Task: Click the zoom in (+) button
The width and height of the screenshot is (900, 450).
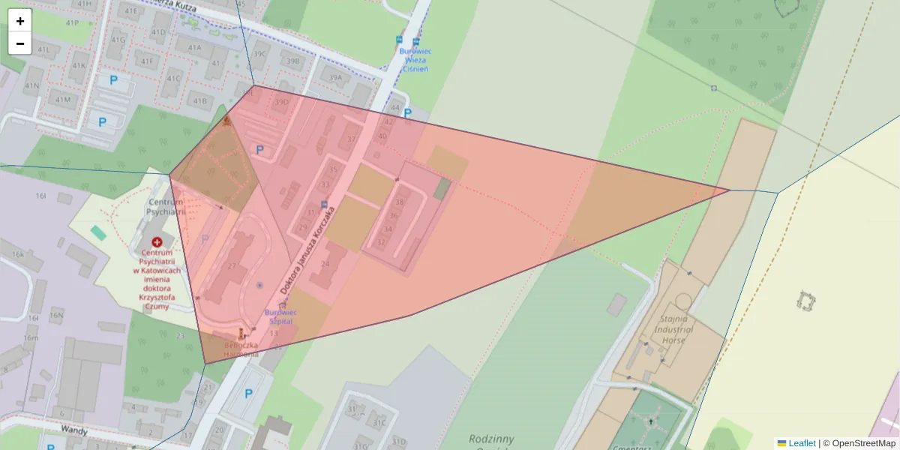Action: point(20,21)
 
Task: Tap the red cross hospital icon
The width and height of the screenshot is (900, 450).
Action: point(157,242)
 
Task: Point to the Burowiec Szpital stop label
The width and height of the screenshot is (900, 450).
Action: point(280,316)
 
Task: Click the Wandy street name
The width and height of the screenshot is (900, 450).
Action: point(73,431)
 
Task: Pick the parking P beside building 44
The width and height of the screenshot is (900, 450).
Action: point(408,113)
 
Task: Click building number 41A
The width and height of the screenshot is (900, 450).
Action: point(195,47)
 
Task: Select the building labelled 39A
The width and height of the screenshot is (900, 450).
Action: point(335,77)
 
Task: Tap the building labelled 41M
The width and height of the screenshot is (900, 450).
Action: point(62,99)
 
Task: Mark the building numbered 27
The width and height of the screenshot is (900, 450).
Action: point(232,266)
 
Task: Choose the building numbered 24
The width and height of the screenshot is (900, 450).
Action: point(325,263)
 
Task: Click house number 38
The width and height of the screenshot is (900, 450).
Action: point(400,202)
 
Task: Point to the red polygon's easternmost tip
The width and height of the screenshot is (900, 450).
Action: point(730,190)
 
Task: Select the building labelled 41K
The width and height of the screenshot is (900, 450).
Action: point(78,66)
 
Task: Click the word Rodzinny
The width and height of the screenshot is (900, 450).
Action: point(491,438)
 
